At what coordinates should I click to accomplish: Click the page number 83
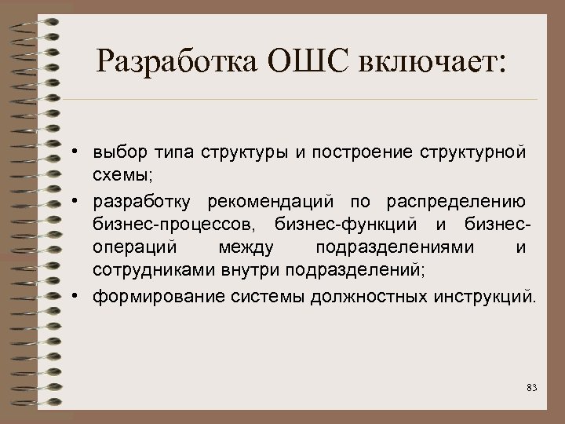tap(532, 388)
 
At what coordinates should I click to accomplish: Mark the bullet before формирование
tap(81, 298)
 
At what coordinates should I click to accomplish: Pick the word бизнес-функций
tap(337, 226)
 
